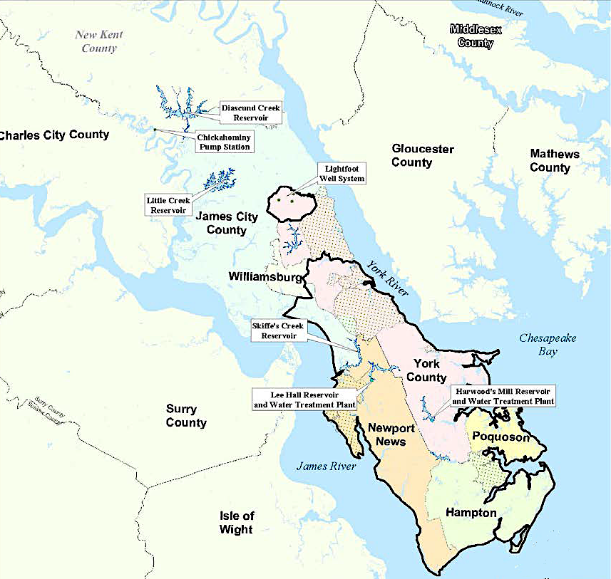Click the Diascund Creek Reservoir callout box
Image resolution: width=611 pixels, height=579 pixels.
(250, 113)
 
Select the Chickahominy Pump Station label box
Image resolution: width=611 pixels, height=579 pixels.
(224, 142)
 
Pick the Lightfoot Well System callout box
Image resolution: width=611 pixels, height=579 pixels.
(341, 173)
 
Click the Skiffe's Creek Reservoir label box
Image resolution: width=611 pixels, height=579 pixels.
(278, 330)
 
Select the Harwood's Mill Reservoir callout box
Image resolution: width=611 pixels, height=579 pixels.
(503, 397)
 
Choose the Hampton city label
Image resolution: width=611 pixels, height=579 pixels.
(471, 513)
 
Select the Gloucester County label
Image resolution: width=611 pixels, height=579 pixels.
(422, 155)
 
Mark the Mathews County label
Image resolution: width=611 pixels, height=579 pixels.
(554, 160)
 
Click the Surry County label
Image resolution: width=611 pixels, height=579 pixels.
(186, 415)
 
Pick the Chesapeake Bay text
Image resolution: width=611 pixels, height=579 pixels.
(547, 345)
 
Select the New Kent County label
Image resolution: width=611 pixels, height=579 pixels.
(99, 41)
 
